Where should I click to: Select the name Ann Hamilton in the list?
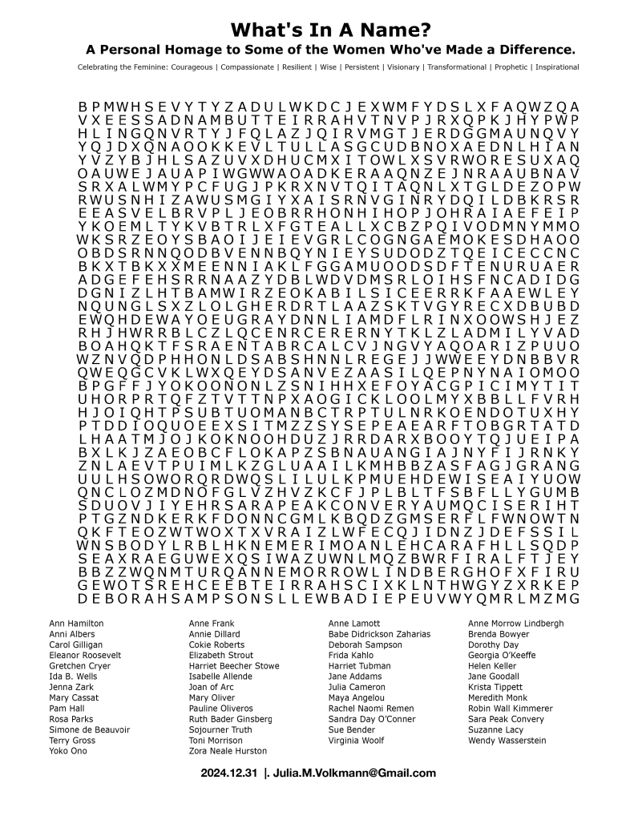point(76,623)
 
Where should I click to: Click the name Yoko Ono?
point(67,751)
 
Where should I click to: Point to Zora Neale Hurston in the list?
point(228,751)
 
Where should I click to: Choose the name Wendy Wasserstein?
point(507,741)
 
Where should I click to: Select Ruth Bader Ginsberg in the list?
point(231,719)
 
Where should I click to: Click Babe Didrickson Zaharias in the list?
point(379,633)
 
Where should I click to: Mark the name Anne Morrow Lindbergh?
point(515,623)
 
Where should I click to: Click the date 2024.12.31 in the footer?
point(229,774)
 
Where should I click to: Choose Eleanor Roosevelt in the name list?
point(85,655)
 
